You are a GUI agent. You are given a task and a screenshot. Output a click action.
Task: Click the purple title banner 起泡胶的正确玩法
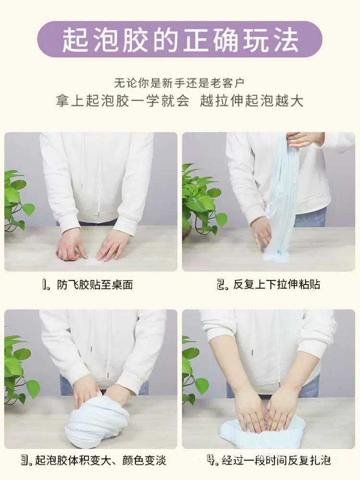point(180,39)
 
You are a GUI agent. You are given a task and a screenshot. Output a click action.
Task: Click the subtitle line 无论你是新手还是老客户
point(180,83)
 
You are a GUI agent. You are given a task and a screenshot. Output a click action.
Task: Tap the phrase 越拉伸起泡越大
point(252,101)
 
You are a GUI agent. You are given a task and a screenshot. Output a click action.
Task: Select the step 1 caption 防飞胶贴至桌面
point(95,285)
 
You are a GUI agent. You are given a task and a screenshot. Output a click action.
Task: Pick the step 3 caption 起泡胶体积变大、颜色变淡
point(101,460)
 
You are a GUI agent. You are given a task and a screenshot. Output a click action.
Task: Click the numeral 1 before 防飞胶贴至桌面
point(45,285)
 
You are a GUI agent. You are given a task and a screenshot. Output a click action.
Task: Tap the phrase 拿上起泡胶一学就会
point(123,101)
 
